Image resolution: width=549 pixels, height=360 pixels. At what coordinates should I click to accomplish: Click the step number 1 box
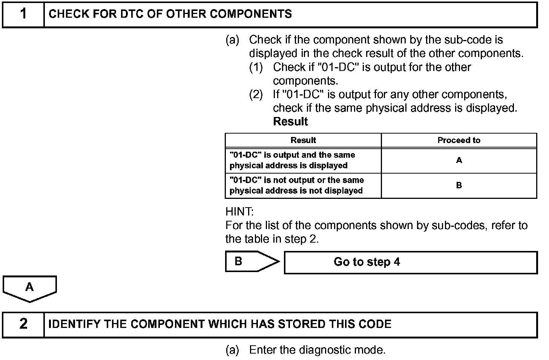[x=23, y=14]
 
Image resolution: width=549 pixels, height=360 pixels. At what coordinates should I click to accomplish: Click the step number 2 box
[x=23, y=324]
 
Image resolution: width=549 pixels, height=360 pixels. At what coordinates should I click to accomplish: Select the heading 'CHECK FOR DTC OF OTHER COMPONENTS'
[x=170, y=14]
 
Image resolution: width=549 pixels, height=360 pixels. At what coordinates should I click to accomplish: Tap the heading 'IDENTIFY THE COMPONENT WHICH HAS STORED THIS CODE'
[x=220, y=324]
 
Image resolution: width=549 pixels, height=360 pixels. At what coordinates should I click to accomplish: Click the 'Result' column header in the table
[x=303, y=140]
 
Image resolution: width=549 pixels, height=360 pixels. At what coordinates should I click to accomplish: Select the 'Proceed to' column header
[x=459, y=140]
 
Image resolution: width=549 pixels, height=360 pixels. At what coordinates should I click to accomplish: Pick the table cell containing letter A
[x=459, y=160]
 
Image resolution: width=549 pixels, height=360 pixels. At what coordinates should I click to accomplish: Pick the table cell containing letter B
[x=459, y=185]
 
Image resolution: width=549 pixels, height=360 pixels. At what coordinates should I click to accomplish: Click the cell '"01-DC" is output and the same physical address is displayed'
[x=292, y=160]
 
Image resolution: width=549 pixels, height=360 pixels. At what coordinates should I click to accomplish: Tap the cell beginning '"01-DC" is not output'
[x=297, y=185]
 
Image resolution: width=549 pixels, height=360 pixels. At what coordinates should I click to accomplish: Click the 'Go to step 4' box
[x=410, y=262]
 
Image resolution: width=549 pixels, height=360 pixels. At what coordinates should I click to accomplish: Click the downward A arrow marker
[x=29, y=288]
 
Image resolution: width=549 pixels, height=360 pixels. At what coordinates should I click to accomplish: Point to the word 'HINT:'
[x=239, y=211]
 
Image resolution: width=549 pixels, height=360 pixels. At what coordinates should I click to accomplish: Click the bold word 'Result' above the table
[x=290, y=122]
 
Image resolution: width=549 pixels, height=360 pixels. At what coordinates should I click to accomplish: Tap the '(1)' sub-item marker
[x=256, y=67]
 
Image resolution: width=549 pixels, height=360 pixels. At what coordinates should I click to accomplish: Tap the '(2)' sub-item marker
[x=256, y=94]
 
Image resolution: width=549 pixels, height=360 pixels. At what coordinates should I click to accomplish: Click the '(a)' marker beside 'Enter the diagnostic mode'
[x=232, y=350]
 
